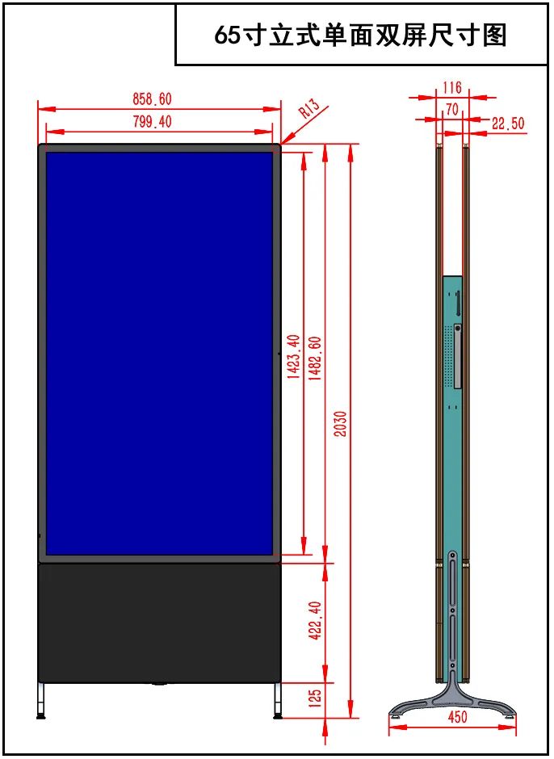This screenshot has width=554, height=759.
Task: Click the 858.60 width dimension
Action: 152,99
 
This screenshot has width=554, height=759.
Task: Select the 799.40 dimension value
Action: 152,121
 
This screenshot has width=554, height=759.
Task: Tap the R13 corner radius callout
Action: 309,108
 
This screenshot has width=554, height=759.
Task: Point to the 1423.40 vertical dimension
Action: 294,356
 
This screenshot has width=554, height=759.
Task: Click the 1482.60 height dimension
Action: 315,359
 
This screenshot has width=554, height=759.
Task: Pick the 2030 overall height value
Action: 341,424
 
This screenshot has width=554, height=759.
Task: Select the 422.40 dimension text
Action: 315,621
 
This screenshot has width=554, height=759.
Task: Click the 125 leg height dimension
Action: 315,698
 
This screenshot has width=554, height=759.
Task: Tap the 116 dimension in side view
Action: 451,88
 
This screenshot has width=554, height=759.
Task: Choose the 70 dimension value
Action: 451,109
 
